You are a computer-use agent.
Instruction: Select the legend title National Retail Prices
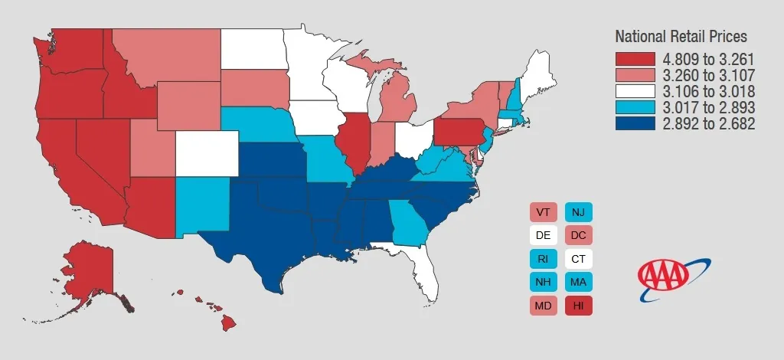681,37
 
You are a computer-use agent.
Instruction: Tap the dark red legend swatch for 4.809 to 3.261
635,59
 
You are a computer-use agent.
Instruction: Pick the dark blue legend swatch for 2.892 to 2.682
635,123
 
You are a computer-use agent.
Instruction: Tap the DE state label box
542,235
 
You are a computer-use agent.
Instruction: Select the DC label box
578,235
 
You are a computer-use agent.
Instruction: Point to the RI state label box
542,259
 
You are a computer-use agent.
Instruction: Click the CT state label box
578,259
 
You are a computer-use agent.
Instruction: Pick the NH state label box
542,282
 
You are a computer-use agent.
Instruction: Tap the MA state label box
578,282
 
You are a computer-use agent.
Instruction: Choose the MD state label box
542,305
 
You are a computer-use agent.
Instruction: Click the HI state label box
578,305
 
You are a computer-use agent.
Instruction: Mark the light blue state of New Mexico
201,202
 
